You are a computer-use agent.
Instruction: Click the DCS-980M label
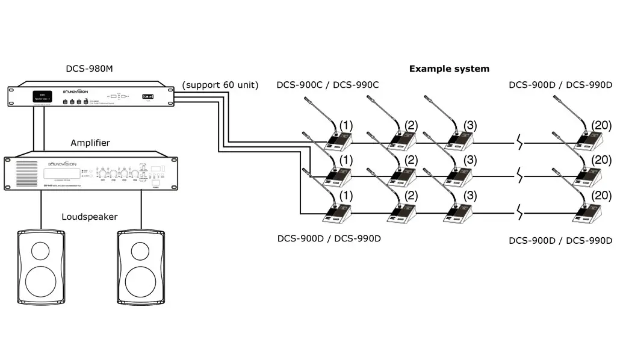click(89, 69)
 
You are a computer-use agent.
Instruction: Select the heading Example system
click(449, 69)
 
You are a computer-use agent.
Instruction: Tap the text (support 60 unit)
click(220, 85)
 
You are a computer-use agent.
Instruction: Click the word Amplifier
click(90, 143)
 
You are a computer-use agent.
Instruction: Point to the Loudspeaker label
click(90, 216)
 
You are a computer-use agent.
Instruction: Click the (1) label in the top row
click(346, 126)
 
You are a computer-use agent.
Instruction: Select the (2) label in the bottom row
click(411, 197)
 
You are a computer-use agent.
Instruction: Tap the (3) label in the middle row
click(471, 160)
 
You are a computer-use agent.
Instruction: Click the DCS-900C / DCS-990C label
click(327, 85)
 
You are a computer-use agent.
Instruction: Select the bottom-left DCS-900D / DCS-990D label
click(329, 238)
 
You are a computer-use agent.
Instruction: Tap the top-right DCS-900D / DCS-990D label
click(560, 85)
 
